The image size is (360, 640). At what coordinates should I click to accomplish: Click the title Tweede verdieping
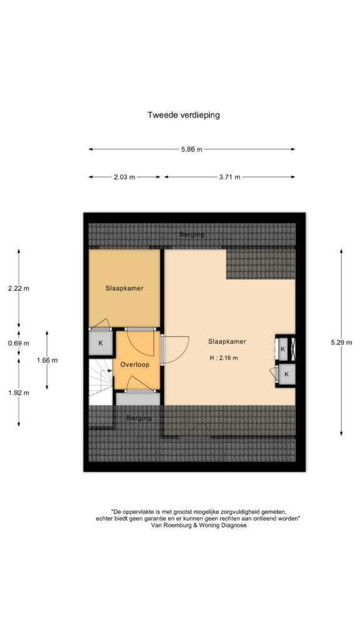tap(184, 115)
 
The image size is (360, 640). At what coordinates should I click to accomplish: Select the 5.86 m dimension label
tap(192, 149)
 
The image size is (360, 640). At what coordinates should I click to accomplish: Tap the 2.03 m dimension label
tap(124, 177)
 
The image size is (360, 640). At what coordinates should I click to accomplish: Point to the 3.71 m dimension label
tap(229, 177)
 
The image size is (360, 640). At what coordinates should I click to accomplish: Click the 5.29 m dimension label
tap(341, 342)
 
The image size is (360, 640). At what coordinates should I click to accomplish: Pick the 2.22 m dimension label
tap(19, 288)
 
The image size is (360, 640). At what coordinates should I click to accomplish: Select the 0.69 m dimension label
tap(19, 343)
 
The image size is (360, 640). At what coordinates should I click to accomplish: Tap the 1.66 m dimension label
tap(47, 360)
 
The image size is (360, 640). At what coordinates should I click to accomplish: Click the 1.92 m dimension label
tap(19, 393)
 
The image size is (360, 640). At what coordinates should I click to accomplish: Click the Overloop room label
tap(135, 365)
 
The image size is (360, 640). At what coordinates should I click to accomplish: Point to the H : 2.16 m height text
tap(224, 358)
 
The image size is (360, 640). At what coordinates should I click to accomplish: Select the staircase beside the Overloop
tap(101, 382)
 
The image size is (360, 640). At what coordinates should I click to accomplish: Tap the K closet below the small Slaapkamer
tap(100, 343)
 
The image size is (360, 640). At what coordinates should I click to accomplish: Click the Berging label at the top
tap(192, 235)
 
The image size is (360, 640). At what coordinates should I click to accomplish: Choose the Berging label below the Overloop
tap(139, 418)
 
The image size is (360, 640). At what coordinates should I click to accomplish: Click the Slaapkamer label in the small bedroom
tap(124, 288)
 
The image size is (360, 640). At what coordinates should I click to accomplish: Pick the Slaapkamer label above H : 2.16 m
tap(227, 342)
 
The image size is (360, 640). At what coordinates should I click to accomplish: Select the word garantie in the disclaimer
tap(153, 518)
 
